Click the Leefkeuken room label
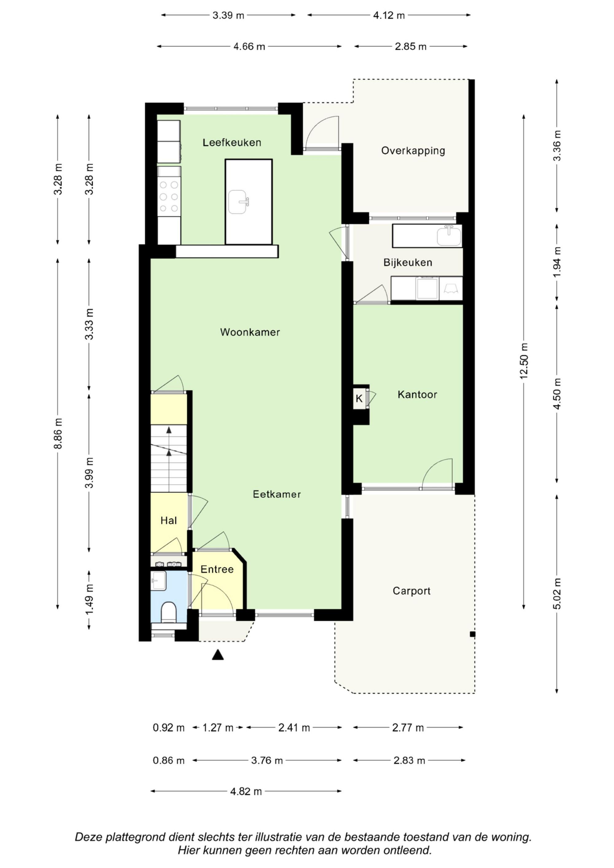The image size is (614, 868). coord(231,143)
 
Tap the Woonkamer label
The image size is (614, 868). coord(250,332)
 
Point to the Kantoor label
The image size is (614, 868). coord(417,395)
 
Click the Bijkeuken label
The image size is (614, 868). coord(407,262)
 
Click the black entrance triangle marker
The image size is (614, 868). coord(218,655)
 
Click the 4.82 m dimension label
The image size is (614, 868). coord(246,791)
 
